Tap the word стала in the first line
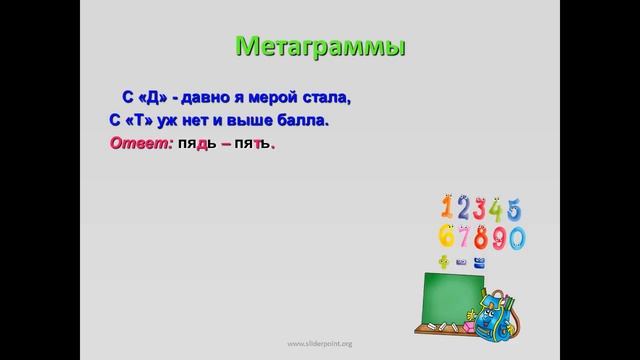[329, 98]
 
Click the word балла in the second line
[305, 121]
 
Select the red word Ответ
[139, 145]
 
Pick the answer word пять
[251, 145]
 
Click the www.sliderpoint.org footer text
[319, 343]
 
